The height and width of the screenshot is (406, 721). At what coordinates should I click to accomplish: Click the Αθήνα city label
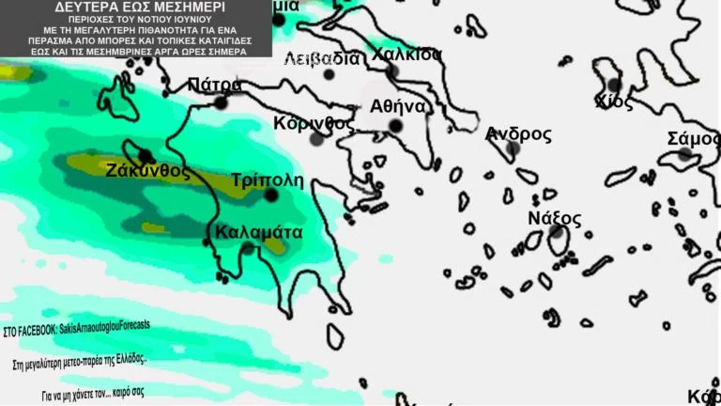[398, 105]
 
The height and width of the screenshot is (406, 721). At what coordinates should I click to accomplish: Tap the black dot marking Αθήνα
[395, 126]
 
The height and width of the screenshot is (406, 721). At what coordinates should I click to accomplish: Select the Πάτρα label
[215, 86]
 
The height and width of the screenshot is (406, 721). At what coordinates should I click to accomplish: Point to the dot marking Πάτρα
[221, 102]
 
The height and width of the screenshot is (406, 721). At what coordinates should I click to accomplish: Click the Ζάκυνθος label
[147, 171]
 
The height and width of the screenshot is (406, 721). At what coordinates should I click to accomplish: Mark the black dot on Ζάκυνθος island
[146, 156]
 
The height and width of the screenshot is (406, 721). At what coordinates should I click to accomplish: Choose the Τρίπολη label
[267, 180]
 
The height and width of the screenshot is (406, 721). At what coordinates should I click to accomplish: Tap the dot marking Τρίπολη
[271, 195]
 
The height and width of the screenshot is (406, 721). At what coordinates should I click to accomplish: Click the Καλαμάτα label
[257, 231]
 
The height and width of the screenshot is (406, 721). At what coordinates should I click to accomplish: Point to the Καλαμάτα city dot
[247, 248]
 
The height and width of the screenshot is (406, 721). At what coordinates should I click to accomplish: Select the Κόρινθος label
[314, 123]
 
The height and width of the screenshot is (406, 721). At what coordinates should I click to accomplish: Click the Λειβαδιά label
[321, 58]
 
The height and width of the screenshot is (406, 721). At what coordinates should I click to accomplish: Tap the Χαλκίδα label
[406, 54]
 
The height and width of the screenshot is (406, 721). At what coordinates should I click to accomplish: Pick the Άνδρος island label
[518, 133]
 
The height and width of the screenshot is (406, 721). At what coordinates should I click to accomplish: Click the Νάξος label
[554, 219]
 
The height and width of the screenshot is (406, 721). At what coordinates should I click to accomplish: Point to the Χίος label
[614, 101]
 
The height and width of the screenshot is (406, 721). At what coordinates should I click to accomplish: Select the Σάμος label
[694, 138]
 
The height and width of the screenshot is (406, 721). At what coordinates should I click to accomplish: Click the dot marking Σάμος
[685, 153]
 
